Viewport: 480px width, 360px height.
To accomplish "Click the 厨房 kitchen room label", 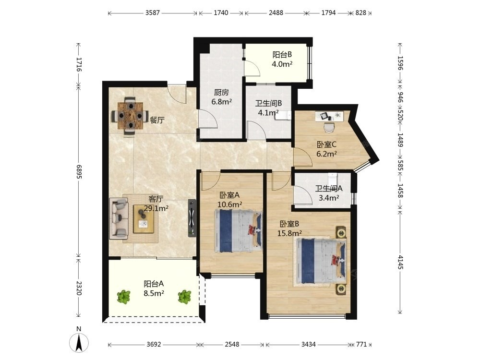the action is point(221,92).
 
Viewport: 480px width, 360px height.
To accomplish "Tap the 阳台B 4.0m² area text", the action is point(282,60).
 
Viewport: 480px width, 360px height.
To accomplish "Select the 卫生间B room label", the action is point(268,104).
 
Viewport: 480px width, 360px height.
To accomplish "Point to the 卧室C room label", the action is point(326,144).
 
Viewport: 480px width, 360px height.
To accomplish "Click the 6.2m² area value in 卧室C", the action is point(326,154).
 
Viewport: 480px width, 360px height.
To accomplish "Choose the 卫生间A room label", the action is point(329,189).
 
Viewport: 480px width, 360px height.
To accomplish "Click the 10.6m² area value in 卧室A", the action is point(230,204).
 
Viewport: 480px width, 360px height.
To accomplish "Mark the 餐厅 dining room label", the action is point(157,120).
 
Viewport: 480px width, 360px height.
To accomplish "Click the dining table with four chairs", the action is point(131,116).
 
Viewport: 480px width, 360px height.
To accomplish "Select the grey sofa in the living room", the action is point(119,218).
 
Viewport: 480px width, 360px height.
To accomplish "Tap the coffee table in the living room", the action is point(144,219).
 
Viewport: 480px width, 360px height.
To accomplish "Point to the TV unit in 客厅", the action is point(192,217).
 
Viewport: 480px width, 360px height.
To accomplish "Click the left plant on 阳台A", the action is point(124,297).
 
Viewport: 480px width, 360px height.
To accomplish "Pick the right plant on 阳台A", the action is point(185,297).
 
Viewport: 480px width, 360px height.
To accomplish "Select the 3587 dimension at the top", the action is point(153,13).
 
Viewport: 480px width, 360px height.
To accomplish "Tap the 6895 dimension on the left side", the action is point(79,172).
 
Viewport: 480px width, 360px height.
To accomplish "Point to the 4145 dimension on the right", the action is point(400,262).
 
